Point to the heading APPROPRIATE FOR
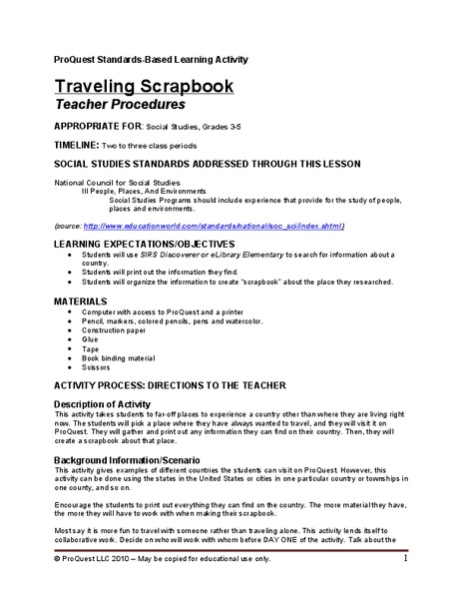91,128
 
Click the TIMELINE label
77,146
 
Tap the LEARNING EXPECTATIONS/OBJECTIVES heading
144,244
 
